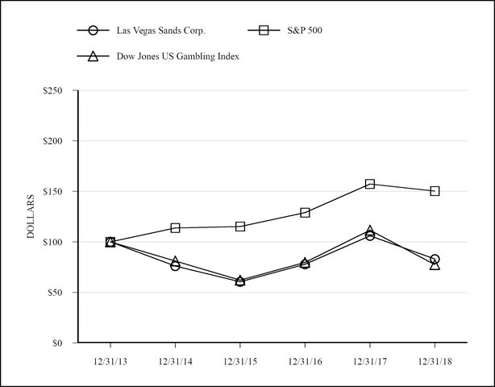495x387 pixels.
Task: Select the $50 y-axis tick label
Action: tap(56, 293)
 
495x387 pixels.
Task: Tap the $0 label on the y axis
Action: tap(60, 343)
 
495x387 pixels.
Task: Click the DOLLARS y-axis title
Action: tap(31, 216)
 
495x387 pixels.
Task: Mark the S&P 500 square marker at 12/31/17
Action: tap(370, 184)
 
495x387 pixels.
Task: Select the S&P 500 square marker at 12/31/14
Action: tap(175, 228)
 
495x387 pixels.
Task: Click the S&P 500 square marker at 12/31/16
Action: tap(305, 213)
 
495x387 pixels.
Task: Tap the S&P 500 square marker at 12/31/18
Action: tap(435, 191)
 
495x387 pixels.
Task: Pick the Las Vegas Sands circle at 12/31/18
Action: tap(435, 260)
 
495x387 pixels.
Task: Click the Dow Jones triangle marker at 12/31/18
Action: tap(435, 264)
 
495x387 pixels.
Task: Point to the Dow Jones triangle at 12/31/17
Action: tap(370, 231)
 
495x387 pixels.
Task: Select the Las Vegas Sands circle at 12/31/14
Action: tap(175, 265)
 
